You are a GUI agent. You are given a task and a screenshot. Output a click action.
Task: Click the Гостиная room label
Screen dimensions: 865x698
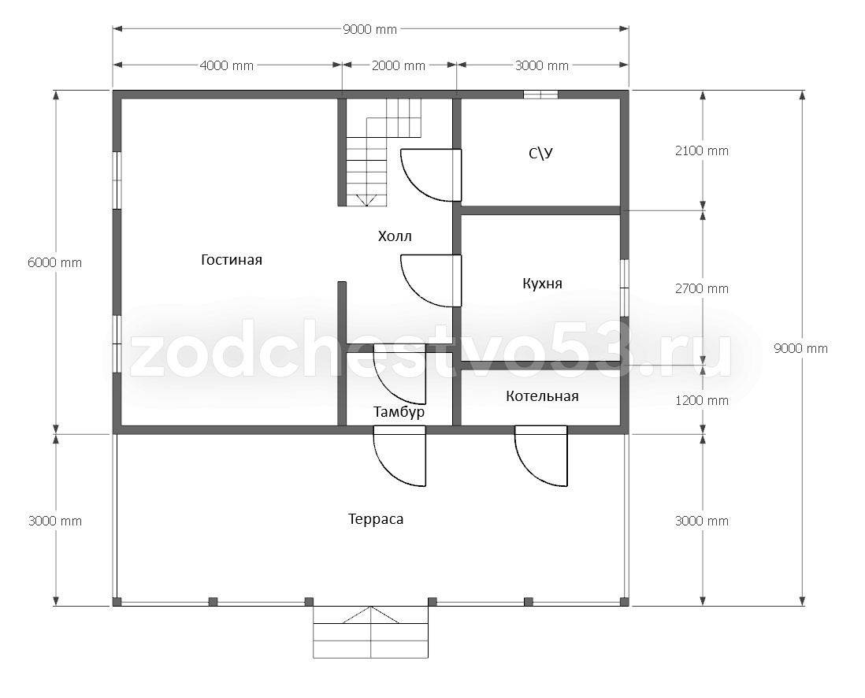(x=231, y=260)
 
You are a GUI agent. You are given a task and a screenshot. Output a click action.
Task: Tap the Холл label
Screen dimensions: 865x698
(x=395, y=236)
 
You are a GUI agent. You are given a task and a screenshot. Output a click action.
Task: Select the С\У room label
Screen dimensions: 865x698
(x=540, y=153)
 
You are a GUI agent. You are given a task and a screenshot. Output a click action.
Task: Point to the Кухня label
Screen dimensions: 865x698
(x=542, y=284)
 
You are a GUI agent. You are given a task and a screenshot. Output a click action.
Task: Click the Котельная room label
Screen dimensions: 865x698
(x=542, y=396)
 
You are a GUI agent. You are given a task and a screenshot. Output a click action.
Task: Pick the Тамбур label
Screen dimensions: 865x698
(x=399, y=412)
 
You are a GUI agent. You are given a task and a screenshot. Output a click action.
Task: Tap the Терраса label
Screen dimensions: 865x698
(x=376, y=519)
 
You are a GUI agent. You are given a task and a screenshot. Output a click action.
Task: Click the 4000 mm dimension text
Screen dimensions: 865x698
(x=227, y=65)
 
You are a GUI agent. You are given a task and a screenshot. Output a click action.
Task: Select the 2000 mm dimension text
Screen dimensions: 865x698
(x=399, y=65)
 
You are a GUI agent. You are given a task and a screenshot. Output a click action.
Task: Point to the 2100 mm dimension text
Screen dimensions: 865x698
(x=702, y=150)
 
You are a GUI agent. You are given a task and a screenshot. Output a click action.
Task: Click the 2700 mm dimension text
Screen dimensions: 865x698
(x=702, y=288)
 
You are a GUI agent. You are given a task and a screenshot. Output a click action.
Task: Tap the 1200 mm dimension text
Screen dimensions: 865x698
(x=702, y=400)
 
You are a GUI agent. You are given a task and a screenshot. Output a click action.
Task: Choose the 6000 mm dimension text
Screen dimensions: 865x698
(x=54, y=262)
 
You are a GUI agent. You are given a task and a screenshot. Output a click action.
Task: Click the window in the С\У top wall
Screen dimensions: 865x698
(x=540, y=95)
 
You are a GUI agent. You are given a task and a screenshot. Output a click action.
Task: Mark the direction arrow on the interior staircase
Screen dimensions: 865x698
(x=366, y=201)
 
